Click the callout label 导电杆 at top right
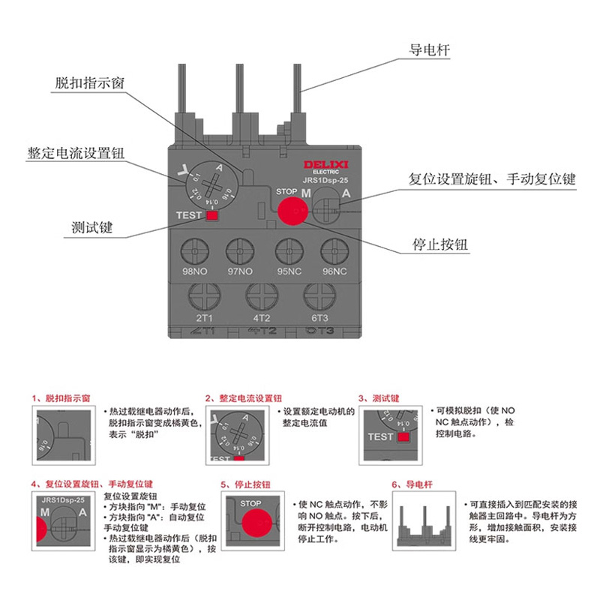[428, 50]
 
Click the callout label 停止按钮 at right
[440, 245]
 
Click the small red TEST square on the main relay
[211, 216]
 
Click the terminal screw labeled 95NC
[288, 250]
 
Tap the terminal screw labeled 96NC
[334, 250]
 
